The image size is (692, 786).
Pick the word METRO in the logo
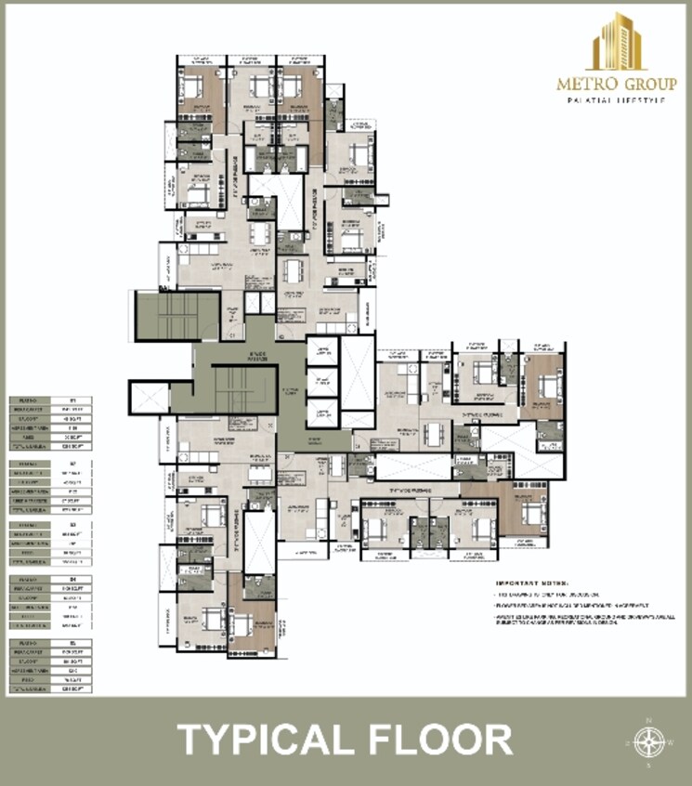[583, 84]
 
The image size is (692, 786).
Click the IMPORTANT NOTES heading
[538, 579]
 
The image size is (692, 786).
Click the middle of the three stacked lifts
[321, 380]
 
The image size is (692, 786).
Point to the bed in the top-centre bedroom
[292, 88]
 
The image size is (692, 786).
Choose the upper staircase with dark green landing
[176, 316]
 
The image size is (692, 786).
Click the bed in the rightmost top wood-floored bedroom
[539, 382]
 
